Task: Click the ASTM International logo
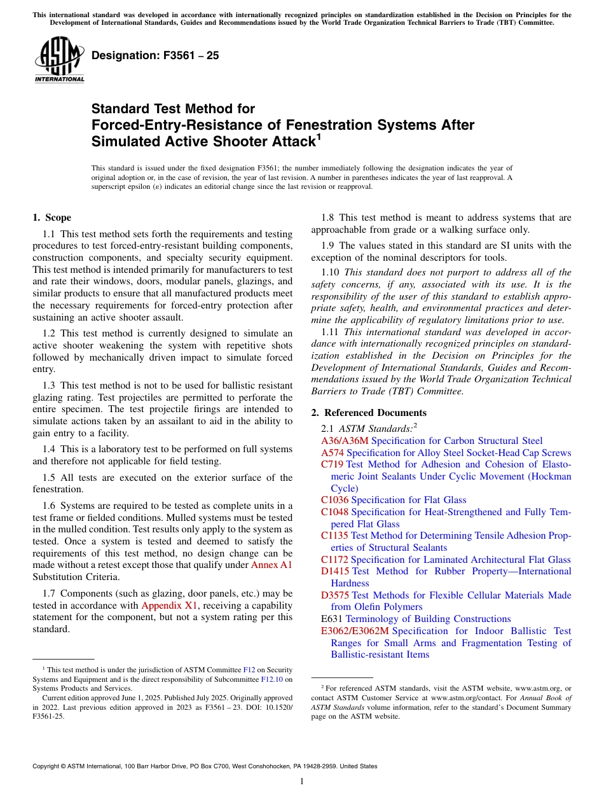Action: click(59, 59)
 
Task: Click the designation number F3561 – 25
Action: click(155, 55)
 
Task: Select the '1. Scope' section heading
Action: click(51, 218)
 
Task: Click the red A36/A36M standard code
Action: click(345, 441)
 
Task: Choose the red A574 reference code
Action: click(333, 453)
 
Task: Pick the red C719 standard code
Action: click(333, 464)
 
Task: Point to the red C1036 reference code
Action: click(335, 500)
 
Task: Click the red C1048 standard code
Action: click(335, 512)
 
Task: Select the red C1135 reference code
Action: click(335, 536)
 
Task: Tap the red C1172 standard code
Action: click(335, 560)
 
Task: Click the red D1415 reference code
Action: click(335, 571)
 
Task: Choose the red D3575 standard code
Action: click(335, 595)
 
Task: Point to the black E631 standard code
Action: click(332, 619)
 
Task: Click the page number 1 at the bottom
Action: click(302, 782)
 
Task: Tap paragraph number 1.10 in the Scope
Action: click(331, 272)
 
